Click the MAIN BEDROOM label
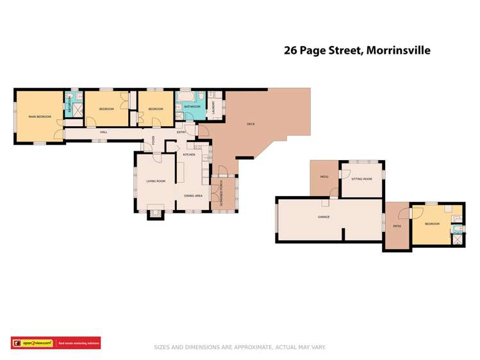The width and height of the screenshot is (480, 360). coord(39,117)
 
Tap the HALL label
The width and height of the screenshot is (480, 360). coord(103,131)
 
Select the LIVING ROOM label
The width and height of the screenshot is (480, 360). coord(156,181)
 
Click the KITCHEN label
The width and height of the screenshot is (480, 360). coord(189,155)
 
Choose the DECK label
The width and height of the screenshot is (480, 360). coord(251,124)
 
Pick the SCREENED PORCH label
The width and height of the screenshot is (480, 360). coord(221,193)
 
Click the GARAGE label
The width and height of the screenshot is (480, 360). coord(324,217)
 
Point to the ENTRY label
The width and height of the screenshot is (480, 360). coord(181,131)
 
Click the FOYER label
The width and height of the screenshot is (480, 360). coord(154,141)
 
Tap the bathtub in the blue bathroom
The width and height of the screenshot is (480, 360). coord(185,98)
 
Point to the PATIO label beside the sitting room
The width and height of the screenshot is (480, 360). coord(324,177)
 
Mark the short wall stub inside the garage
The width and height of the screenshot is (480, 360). coord(344,234)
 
